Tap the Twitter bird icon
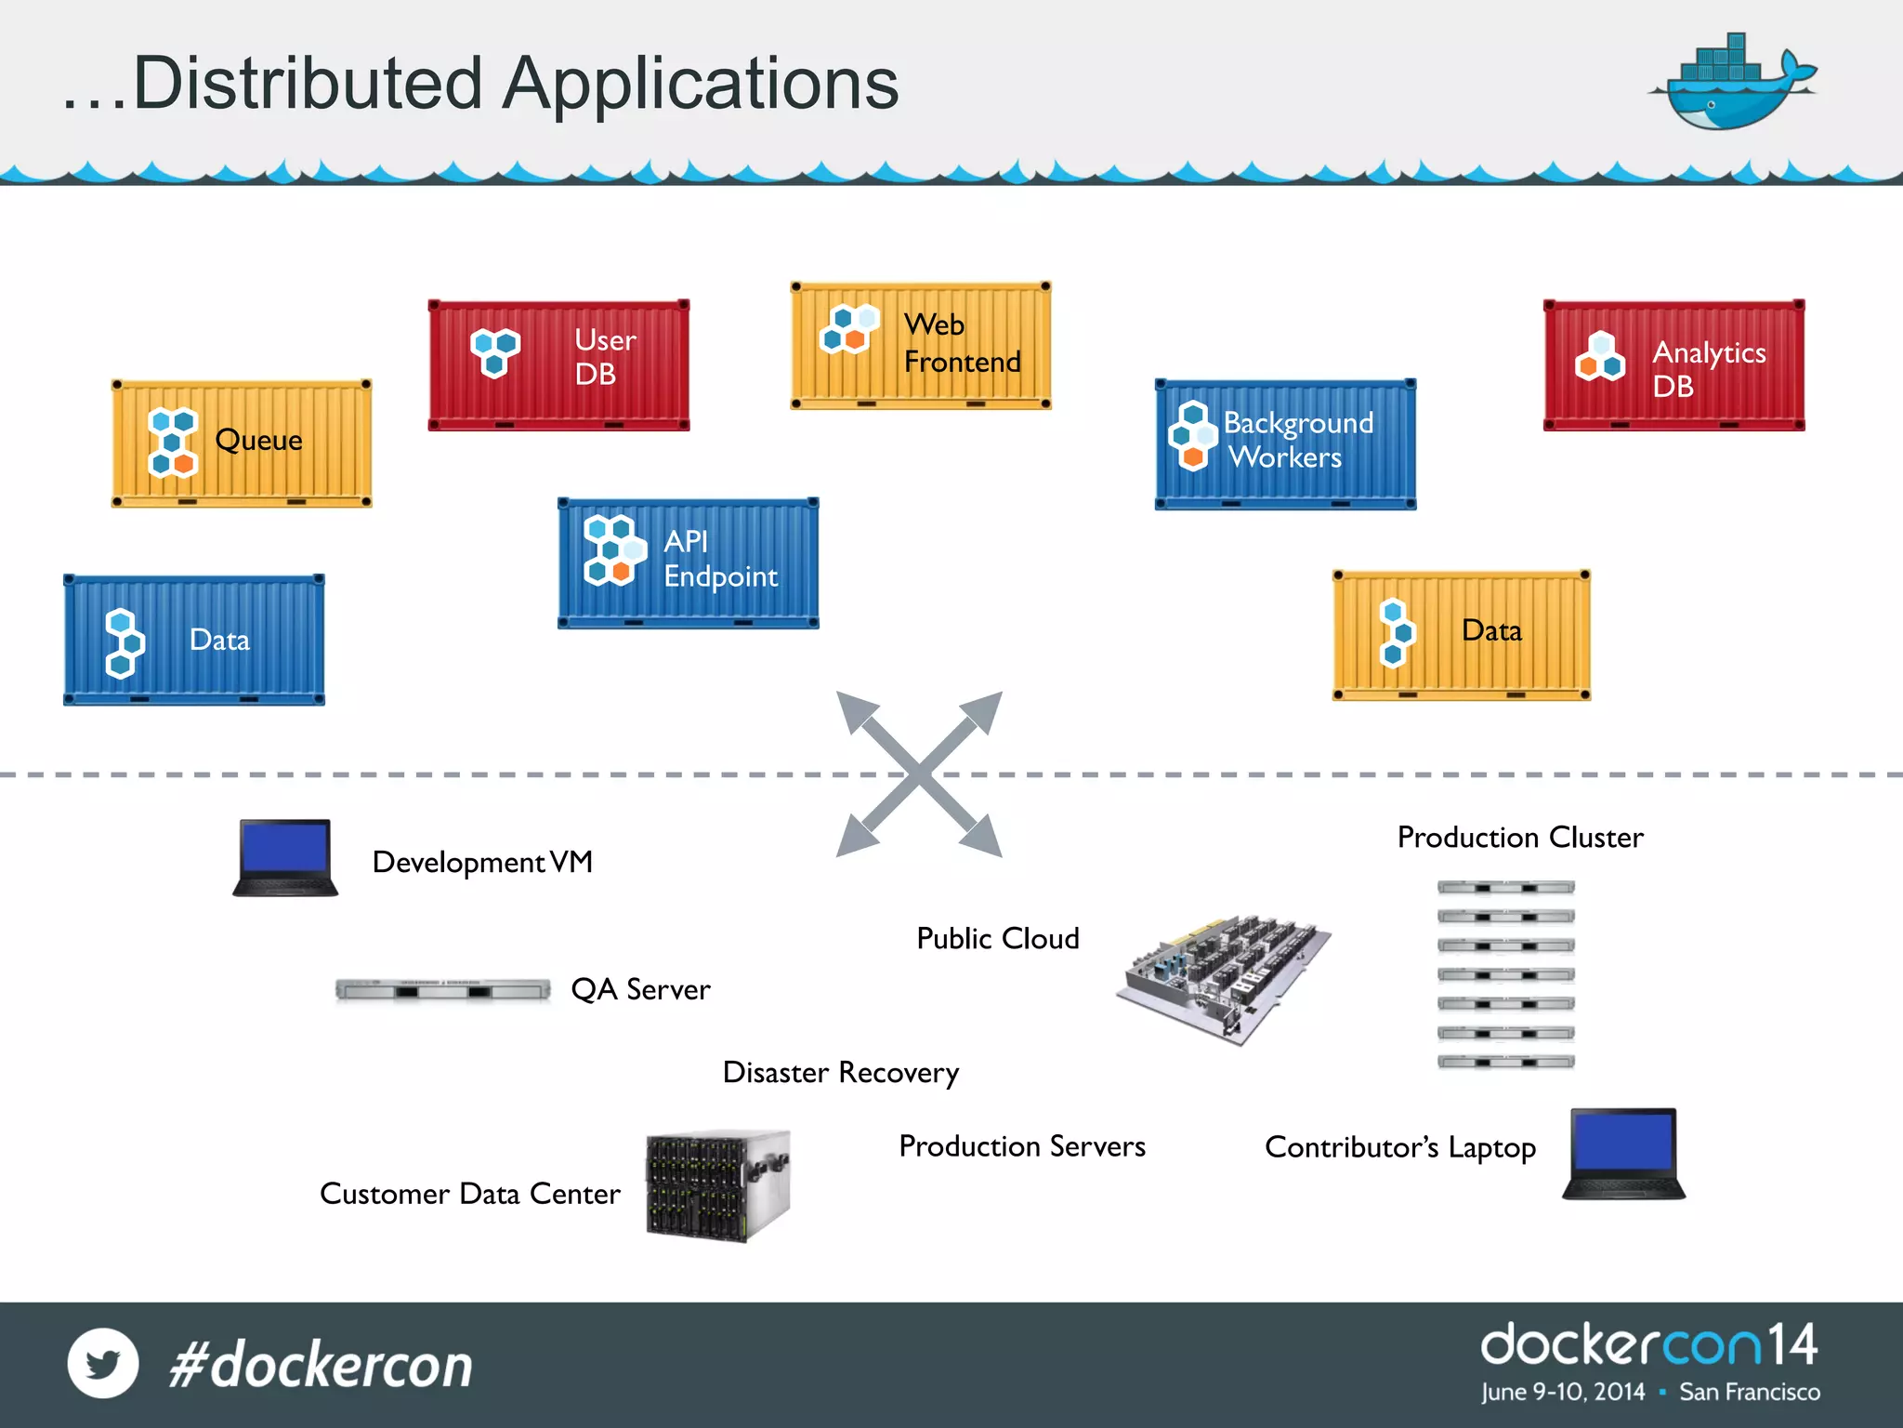point(103,1363)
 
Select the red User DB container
point(558,364)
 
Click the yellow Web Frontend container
point(920,346)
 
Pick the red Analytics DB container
point(1673,365)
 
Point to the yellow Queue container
point(242,443)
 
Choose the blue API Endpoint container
point(688,562)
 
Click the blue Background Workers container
point(1285,443)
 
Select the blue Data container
point(193,640)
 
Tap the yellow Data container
point(1461,635)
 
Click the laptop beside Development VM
point(284,857)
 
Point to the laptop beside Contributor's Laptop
point(1623,1153)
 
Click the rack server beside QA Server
point(442,990)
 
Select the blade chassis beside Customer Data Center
point(717,1185)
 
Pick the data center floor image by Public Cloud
point(1223,977)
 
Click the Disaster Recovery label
point(840,1073)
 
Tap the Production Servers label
point(1021,1146)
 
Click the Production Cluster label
point(1520,838)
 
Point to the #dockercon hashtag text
point(321,1365)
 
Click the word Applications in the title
point(701,84)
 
